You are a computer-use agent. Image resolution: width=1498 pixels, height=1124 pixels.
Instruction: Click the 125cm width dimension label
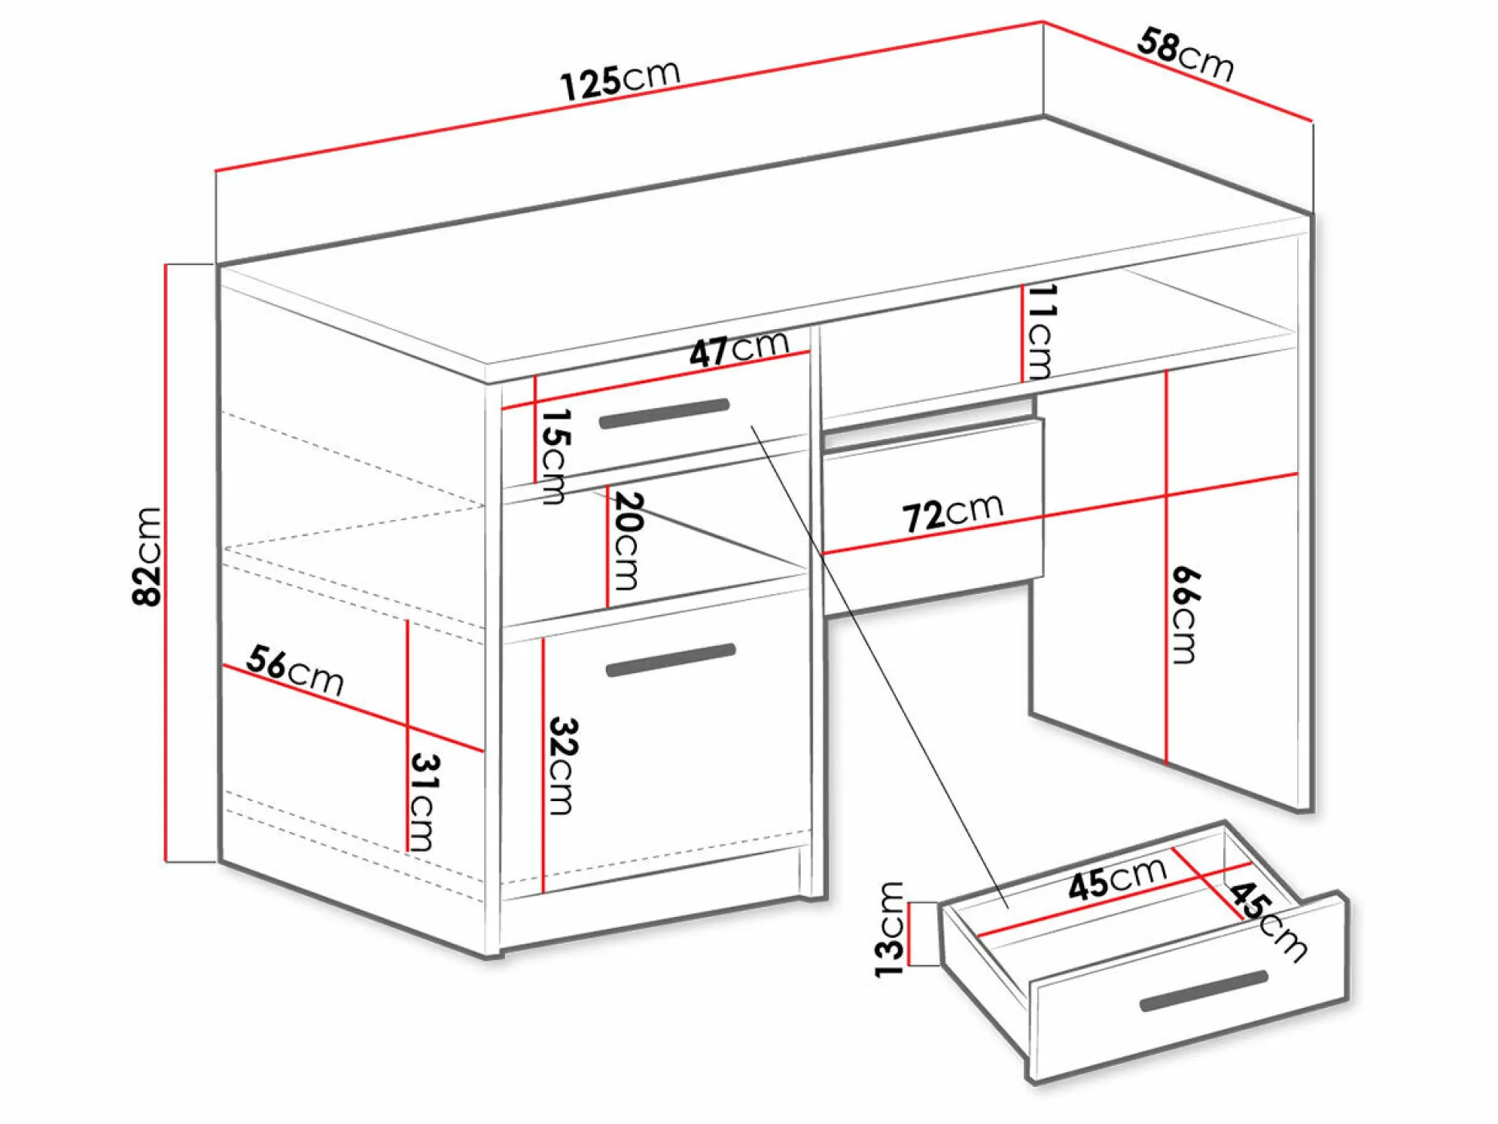tap(620, 79)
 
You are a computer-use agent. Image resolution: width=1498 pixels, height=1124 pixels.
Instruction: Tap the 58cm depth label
tap(1186, 54)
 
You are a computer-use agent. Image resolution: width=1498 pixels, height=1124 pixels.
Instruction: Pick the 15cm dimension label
tap(554, 457)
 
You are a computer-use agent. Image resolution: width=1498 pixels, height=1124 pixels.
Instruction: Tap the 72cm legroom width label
tap(953, 513)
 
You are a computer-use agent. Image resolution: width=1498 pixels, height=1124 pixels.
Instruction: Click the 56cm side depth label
tap(295, 671)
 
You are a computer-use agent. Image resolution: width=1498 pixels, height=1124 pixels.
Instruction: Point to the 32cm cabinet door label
tap(562, 766)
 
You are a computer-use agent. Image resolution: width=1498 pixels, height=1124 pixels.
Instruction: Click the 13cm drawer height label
tap(890, 930)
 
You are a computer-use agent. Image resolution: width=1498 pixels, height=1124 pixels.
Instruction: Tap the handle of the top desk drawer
tap(664, 413)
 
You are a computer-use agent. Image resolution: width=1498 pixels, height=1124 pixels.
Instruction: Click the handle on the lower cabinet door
tap(670, 660)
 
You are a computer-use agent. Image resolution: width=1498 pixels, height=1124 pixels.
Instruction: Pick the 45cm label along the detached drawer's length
tap(1117, 879)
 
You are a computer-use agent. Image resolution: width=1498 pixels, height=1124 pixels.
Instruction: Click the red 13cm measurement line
tap(910, 934)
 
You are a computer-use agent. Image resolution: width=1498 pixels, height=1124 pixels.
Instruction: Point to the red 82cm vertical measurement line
tap(165, 562)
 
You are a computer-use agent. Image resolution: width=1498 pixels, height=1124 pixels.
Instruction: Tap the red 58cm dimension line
tap(1178, 71)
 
